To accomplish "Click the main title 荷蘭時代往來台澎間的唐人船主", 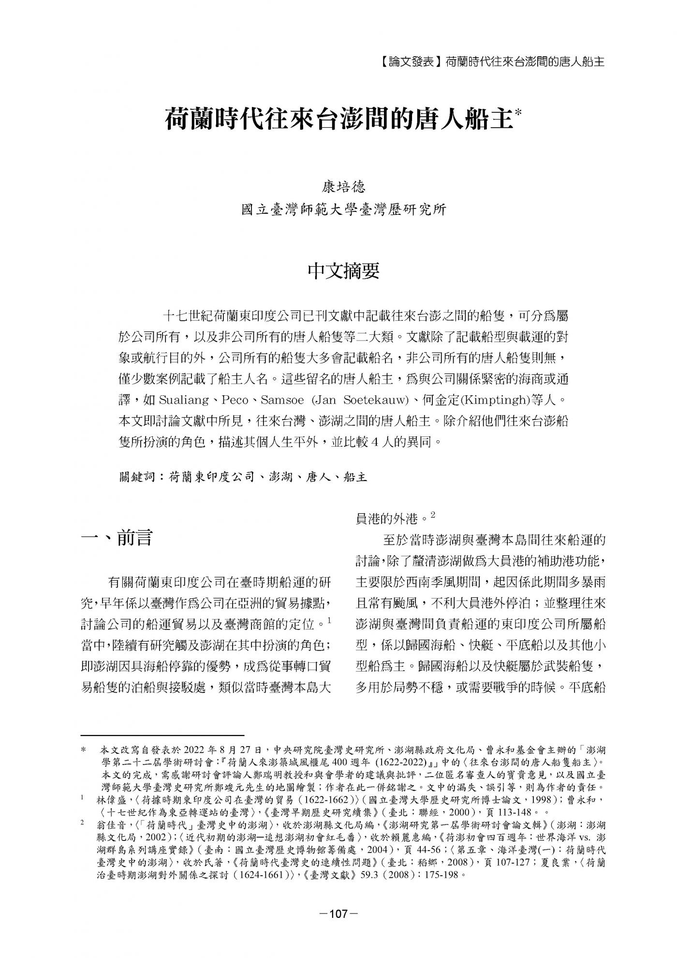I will (x=338, y=119).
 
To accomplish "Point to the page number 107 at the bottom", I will (x=338, y=913).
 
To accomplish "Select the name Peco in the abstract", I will (x=235, y=401).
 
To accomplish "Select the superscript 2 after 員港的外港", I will (x=433, y=516).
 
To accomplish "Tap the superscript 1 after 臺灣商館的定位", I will (x=329, y=619).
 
